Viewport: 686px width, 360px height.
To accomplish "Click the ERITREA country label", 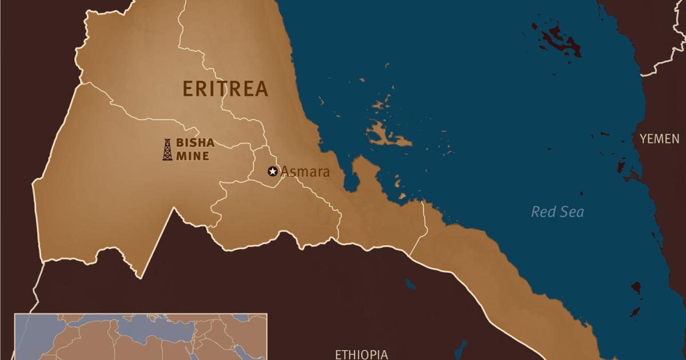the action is pyautogui.click(x=225, y=89).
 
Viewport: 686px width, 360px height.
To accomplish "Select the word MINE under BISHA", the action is pyautogui.click(x=192, y=155).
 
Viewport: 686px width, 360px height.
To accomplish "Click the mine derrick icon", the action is pyautogui.click(x=167, y=149).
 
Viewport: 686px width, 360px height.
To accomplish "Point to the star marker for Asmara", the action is pyautogui.click(x=273, y=171).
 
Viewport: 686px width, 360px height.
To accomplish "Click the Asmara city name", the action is pyautogui.click(x=305, y=171).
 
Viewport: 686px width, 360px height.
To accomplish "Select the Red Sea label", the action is pyautogui.click(x=557, y=212).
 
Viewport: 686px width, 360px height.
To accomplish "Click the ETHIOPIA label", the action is pyautogui.click(x=361, y=354).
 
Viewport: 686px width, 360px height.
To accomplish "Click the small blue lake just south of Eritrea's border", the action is pyautogui.click(x=410, y=283).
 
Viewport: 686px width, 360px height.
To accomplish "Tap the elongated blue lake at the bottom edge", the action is pyautogui.click(x=461, y=349).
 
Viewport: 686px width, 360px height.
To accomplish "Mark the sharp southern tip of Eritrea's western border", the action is pyautogui.click(x=138, y=277).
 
